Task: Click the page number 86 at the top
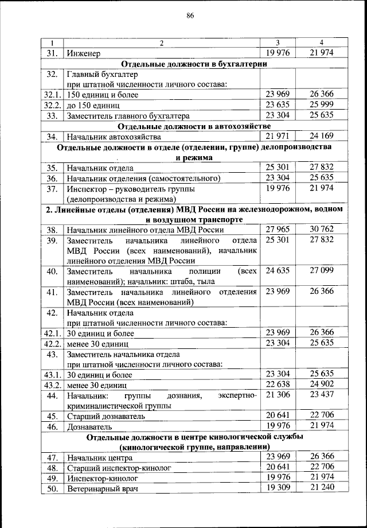[190, 15]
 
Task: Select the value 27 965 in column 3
[276, 229]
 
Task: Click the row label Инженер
[84, 53]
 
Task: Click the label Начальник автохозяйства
[114, 137]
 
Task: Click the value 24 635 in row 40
[276, 270]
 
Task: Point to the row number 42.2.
[52, 343]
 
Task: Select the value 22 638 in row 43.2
[276, 384]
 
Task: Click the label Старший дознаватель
[105, 416]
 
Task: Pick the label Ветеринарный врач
[103, 488]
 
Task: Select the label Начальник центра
[99, 457]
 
